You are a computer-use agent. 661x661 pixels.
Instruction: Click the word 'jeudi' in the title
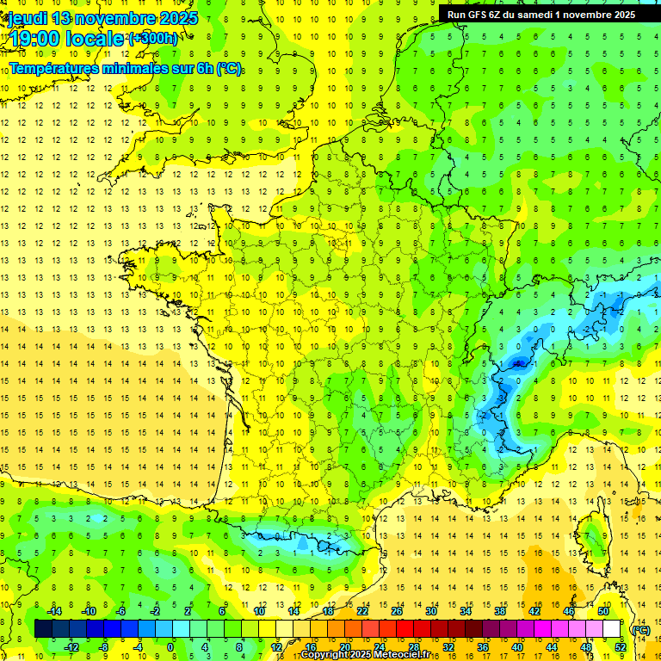click(27, 18)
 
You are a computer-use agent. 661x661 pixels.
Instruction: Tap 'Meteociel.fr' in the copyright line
click(408, 655)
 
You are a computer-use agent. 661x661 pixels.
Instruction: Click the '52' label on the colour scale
click(621, 647)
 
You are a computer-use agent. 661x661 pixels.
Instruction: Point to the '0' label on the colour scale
click(170, 647)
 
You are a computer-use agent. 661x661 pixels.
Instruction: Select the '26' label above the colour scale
click(396, 611)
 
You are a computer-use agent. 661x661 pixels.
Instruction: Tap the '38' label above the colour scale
click(499, 611)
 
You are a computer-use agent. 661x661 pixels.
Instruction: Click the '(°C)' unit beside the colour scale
click(640, 629)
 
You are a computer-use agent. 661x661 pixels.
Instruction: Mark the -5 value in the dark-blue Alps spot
click(518, 363)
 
